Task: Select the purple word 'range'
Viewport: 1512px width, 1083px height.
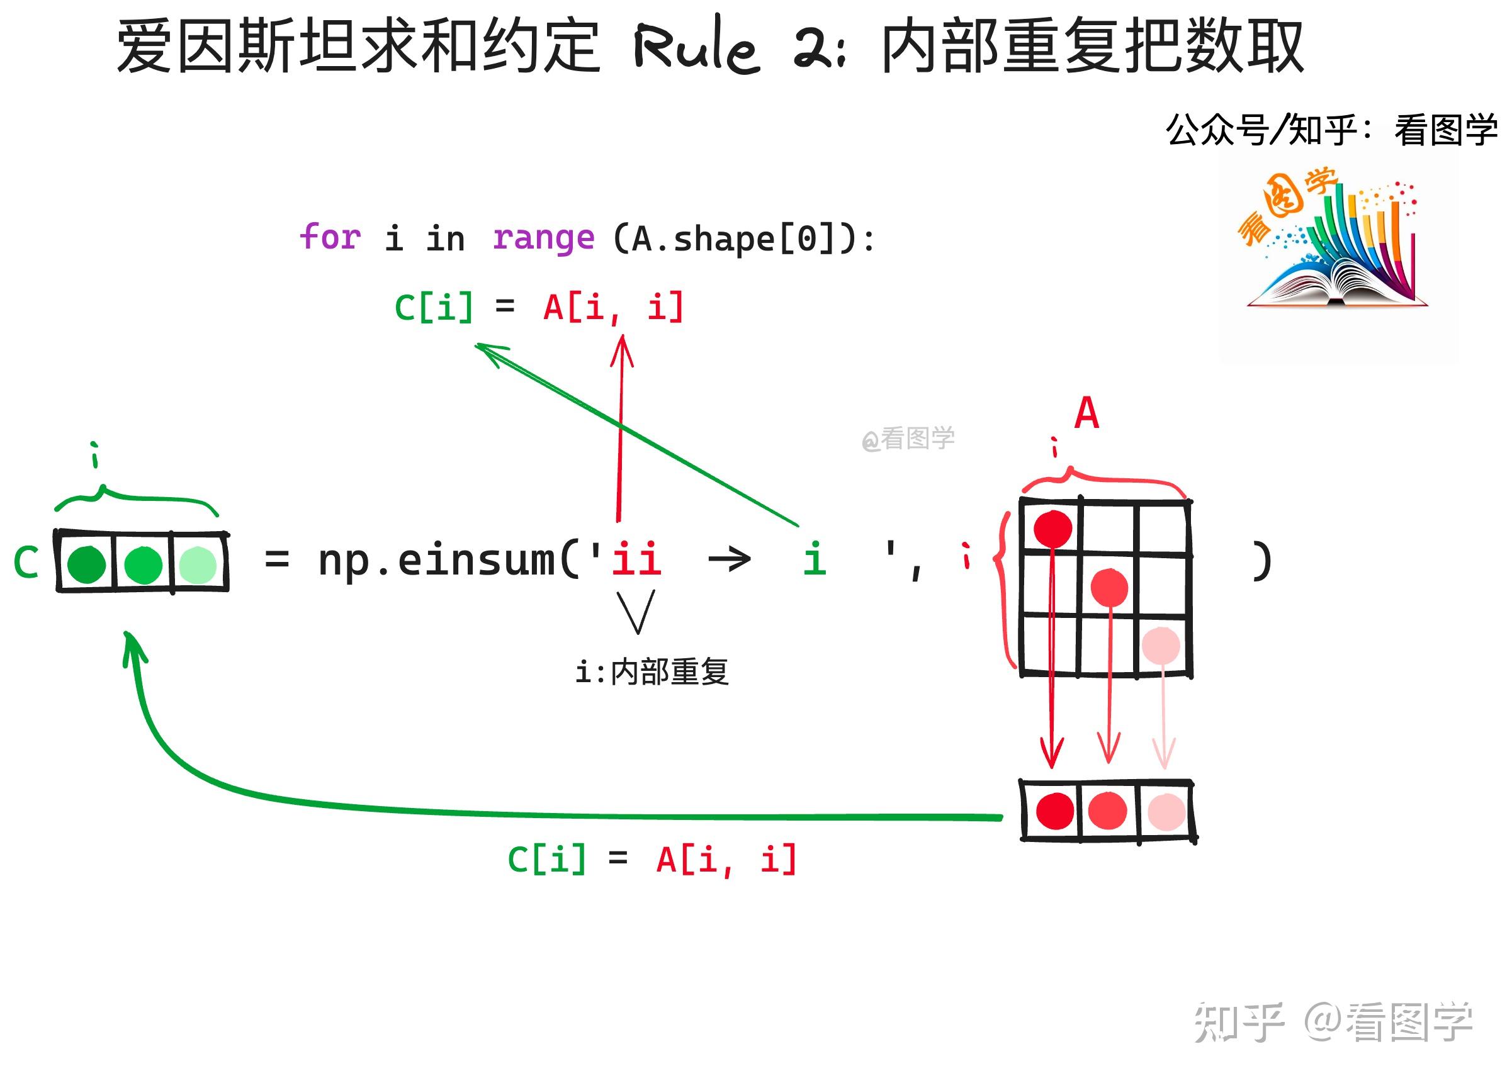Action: [x=543, y=238]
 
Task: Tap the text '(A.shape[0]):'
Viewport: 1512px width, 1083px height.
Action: [x=743, y=238]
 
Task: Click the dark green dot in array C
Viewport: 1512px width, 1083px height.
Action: [x=87, y=564]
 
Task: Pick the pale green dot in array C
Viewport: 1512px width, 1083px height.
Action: [x=198, y=564]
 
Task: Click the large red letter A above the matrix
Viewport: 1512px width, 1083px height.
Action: [x=1086, y=413]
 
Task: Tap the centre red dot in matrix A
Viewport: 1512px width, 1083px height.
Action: [x=1109, y=587]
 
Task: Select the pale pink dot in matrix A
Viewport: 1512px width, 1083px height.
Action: [x=1161, y=645]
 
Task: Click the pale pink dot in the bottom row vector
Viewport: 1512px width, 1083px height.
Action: [x=1166, y=811]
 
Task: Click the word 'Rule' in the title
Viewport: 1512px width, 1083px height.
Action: [x=696, y=47]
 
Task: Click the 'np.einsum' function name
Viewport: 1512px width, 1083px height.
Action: [x=437, y=560]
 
